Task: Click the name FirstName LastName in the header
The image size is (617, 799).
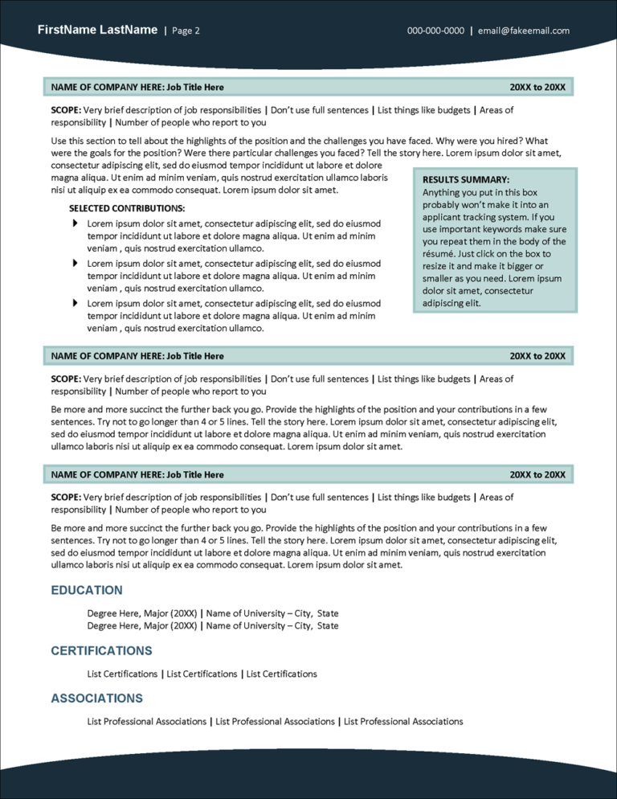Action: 97,30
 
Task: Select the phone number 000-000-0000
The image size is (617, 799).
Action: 435,31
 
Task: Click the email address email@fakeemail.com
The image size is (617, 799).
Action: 523,31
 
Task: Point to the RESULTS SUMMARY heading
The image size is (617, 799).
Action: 466,180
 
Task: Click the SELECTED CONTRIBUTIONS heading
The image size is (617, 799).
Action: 122,208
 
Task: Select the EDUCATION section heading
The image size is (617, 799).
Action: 87,590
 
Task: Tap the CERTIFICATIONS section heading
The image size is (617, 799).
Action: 101,650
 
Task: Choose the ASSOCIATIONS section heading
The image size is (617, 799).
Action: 97,699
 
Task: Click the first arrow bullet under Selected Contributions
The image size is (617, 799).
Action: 76,223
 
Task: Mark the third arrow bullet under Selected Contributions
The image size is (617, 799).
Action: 76,303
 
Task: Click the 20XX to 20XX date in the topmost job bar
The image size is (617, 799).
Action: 537,87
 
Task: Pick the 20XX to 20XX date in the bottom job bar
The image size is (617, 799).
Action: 537,475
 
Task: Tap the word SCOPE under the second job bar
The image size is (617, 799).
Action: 66,379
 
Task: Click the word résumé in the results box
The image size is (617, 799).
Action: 439,254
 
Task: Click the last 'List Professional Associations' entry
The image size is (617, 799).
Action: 403,722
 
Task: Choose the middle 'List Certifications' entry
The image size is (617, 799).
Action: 202,674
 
